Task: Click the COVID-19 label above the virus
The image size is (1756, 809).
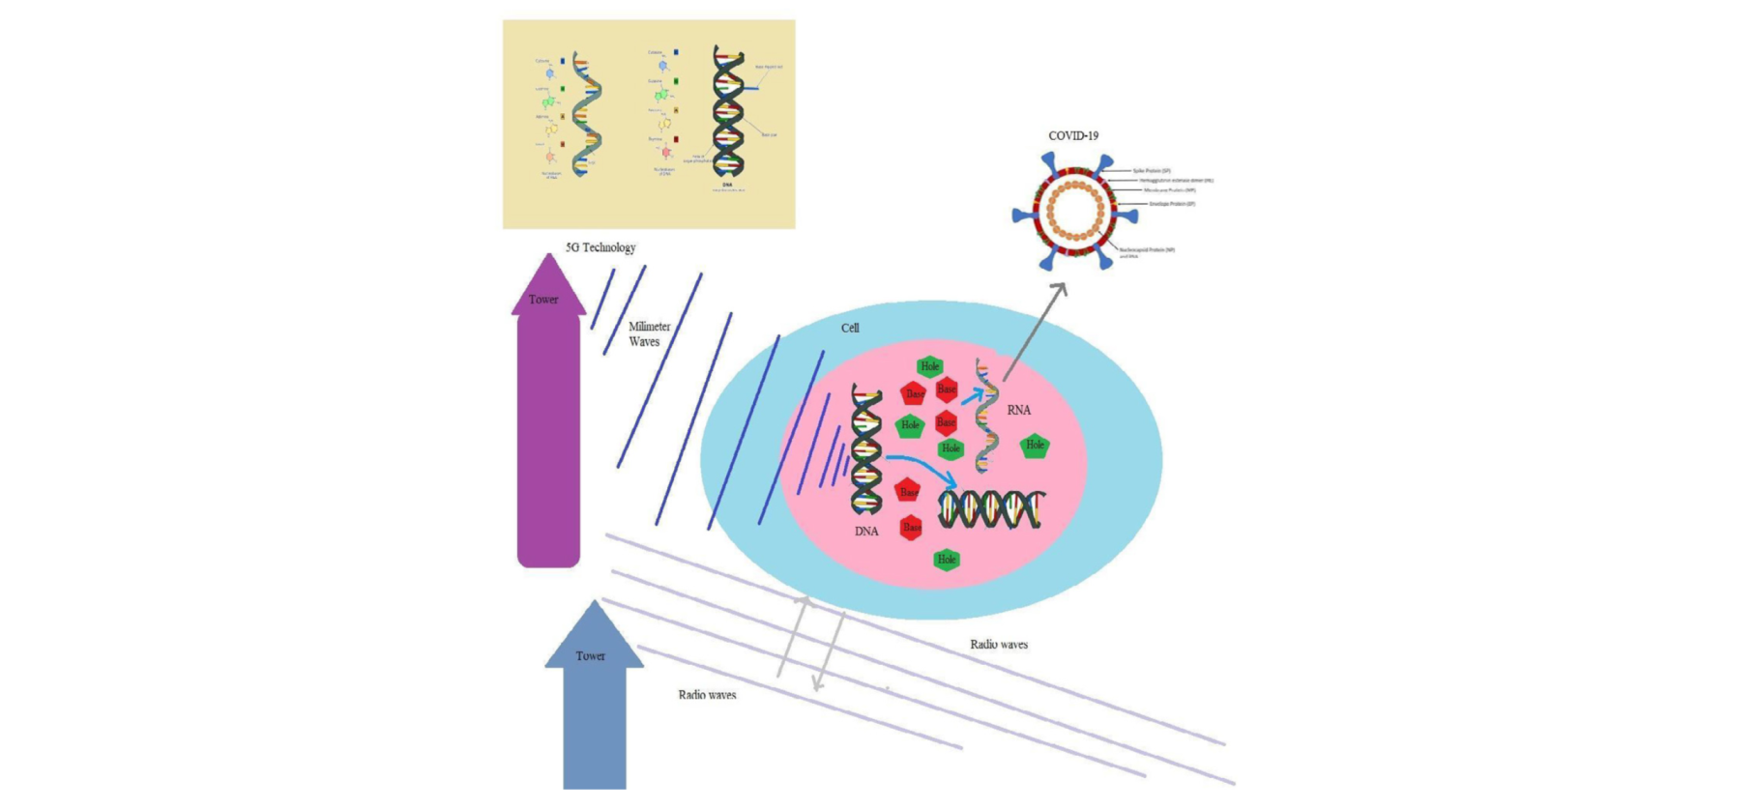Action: pyautogui.click(x=1073, y=136)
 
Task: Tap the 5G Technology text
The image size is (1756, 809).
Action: pyautogui.click(x=600, y=247)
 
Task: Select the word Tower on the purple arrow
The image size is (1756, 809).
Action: pyautogui.click(x=543, y=300)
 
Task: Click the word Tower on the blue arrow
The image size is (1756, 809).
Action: pyautogui.click(x=590, y=656)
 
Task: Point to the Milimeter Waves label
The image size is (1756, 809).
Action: pyautogui.click(x=649, y=334)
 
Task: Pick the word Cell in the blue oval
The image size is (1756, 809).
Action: pyautogui.click(x=850, y=329)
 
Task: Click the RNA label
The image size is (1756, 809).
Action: pyautogui.click(x=1018, y=410)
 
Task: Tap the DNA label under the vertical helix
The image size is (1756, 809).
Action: pyautogui.click(x=866, y=532)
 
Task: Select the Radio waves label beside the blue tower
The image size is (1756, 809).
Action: pyautogui.click(x=707, y=695)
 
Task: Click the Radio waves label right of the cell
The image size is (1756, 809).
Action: pyautogui.click(x=999, y=645)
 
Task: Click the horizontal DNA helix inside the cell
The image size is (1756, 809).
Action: pyautogui.click(x=992, y=509)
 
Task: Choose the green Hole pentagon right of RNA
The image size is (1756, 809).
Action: pyautogui.click(x=1035, y=446)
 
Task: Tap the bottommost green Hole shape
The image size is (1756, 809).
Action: pyautogui.click(x=947, y=560)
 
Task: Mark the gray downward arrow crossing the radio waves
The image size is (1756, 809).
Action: pyautogui.click(x=830, y=652)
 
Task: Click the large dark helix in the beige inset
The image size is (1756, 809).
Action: pyautogui.click(x=728, y=111)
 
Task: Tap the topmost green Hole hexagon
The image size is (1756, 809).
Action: pyautogui.click(x=930, y=366)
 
